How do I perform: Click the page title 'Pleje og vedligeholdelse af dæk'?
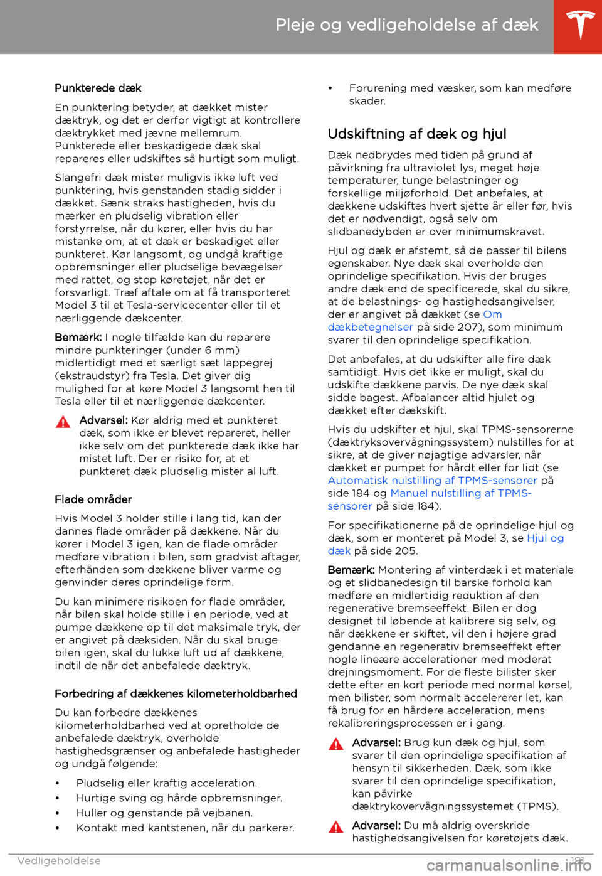coord(406,25)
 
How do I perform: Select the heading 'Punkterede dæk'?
coord(98,88)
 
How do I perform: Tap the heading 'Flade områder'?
coord(93,499)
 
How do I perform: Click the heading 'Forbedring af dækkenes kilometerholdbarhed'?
coord(176,693)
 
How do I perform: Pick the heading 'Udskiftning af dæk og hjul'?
coord(417,134)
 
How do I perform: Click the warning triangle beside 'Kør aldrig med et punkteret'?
coord(63,422)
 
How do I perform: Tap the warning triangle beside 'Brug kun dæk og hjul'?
coord(336,744)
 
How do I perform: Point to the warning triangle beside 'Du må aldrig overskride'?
coord(336,827)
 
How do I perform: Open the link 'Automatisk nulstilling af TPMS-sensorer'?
coord(432,481)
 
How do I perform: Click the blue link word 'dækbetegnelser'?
coord(370,328)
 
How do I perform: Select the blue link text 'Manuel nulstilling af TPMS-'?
coord(461,493)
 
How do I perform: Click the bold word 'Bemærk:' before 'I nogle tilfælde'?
coord(78,338)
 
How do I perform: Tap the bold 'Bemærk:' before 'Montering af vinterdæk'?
coord(351,570)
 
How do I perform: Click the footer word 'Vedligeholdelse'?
coord(59,861)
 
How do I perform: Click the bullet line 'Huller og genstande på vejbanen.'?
coord(164,813)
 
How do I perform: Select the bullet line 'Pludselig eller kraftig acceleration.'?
coord(166,783)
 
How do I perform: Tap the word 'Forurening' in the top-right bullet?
coord(378,88)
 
